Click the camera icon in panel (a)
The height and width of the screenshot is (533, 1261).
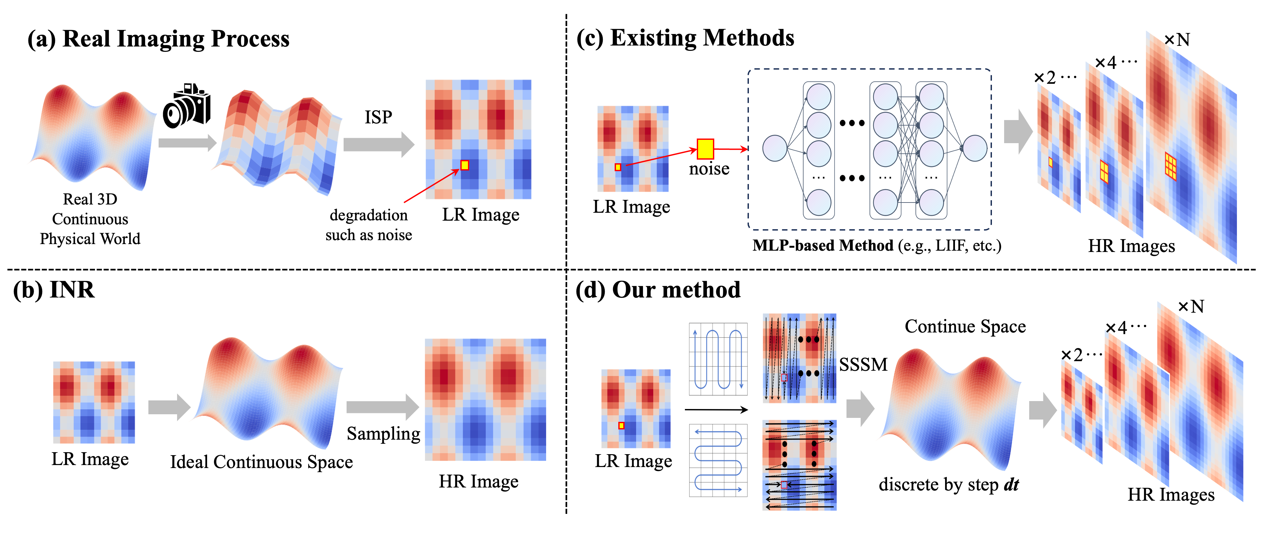187,106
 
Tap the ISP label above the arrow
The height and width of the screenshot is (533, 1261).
378,117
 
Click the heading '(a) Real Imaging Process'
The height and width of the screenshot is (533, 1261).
158,39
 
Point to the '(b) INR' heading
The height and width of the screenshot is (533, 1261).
54,290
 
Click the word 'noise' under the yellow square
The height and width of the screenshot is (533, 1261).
709,169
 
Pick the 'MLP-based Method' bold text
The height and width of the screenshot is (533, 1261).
823,245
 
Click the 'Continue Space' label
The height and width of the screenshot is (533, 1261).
965,327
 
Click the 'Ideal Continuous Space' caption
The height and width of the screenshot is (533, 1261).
261,462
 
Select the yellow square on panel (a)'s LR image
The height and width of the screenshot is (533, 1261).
465,166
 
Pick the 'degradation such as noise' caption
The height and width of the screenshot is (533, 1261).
369,225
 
